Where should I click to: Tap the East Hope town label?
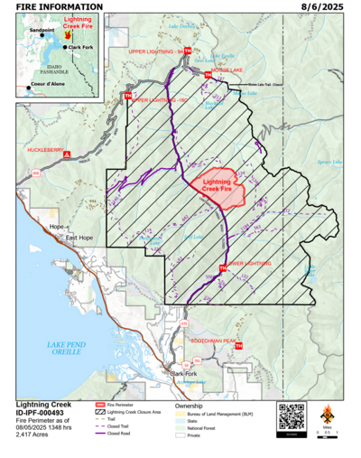pyautogui.click(x=79, y=238)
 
